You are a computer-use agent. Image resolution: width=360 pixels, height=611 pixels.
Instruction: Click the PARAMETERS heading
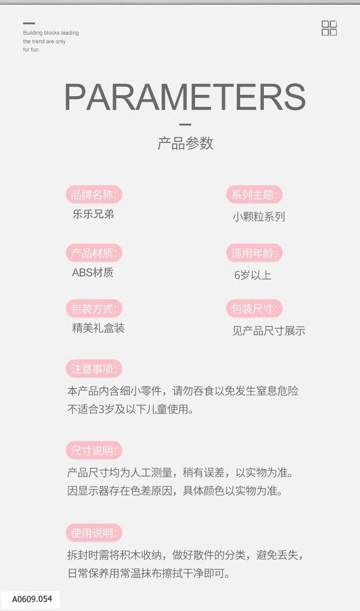pos(185,97)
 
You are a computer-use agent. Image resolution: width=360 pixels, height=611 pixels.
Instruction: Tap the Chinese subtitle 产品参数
pos(185,143)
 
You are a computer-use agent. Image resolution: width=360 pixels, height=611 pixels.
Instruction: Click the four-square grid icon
pos(329,28)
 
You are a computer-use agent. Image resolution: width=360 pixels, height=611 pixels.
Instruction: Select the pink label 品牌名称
pos(94,195)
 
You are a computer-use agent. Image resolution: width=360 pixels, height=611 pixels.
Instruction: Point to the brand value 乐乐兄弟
pos(93,214)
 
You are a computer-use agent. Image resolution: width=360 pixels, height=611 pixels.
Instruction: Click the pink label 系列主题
pos(254,195)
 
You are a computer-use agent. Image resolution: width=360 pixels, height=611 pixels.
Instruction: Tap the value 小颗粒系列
pos(259,217)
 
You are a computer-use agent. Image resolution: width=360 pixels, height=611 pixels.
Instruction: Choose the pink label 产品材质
pos(94,253)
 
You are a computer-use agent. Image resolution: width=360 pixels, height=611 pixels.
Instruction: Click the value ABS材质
pos(93,273)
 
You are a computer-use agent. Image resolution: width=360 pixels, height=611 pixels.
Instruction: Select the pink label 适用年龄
pos(254,253)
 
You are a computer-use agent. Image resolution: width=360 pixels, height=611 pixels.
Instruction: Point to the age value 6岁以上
pos(252,275)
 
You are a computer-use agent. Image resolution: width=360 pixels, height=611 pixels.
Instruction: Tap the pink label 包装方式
pos(94,309)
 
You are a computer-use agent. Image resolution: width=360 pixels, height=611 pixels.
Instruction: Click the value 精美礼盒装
pos(98,328)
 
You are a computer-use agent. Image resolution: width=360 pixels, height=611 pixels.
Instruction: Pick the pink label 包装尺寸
pos(254,309)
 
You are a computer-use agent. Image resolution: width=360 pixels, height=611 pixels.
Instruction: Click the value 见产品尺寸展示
pos(269,331)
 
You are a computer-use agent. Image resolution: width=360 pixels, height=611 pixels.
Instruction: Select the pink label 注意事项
pos(94,369)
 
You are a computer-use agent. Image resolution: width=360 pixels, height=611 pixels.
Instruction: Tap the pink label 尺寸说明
pos(94,450)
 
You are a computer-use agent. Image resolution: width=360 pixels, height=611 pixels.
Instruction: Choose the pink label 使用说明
pos(94,533)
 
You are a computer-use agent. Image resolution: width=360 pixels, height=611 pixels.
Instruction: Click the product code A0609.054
pos(32,599)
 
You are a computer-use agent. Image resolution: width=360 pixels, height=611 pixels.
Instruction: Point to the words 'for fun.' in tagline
pos(31,50)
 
